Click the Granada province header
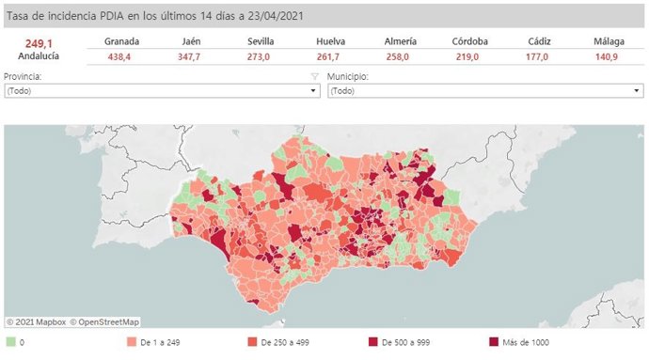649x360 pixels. point(122,41)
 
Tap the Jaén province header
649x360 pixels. point(191,41)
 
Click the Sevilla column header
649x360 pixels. point(261,41)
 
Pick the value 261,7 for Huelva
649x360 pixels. point(329,56)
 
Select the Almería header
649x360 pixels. point(402,41)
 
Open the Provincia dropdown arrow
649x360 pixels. point(314,91)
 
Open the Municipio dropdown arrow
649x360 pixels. point(637,91)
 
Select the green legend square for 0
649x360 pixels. point(10,343)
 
